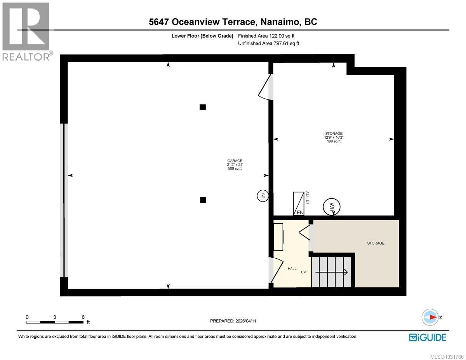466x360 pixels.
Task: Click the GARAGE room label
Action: coord(235,161)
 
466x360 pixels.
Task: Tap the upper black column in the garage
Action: coord(202,107)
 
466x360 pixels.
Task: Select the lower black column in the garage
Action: coord(203,200)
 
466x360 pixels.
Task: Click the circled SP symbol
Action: coord(263,196)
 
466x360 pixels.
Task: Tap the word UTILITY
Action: coord(308,198)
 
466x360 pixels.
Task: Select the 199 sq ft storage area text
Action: coord(334,141)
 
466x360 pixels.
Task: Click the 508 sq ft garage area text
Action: coord(235,169)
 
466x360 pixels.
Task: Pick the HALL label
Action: coord(292,268)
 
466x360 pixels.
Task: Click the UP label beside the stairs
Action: coord(304,272)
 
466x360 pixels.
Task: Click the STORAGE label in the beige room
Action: coord(376,243)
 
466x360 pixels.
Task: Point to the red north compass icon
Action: coord(430,317)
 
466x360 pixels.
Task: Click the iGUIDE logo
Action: coord(427,337)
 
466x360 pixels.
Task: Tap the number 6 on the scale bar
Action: coord(83,317)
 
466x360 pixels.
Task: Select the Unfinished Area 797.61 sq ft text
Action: coord(268,43)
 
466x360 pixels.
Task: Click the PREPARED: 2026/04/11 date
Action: coord(233,321)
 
